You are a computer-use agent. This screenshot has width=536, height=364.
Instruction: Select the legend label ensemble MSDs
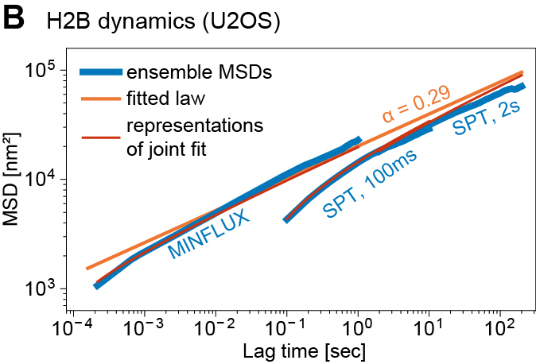200,73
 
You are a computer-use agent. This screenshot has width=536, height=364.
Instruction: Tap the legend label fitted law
166,99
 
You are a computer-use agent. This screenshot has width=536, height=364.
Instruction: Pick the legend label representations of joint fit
195,136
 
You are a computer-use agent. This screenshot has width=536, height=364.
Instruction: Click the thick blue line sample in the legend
101,73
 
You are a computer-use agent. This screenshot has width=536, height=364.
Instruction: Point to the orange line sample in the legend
101,99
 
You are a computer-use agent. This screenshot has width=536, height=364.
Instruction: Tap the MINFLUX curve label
209,236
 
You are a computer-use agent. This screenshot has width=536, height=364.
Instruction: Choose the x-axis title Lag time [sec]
293,350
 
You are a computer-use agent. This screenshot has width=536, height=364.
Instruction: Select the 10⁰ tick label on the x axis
359,326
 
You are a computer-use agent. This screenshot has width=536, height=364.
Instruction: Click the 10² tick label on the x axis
500,326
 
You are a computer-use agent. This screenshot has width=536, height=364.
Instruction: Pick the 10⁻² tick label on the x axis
216,326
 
